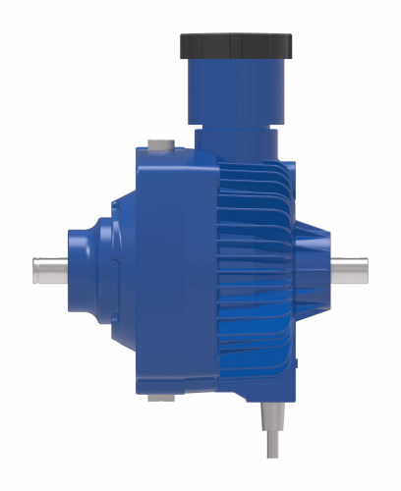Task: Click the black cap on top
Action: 237,45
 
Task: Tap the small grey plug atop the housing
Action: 159,146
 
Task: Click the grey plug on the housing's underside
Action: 160,398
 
